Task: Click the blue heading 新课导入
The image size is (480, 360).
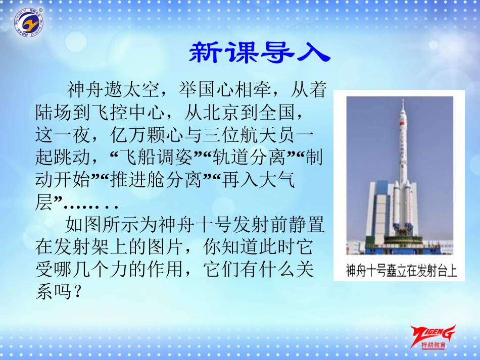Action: (x=260, y=53)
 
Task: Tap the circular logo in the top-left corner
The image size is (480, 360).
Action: (x=29, y=22)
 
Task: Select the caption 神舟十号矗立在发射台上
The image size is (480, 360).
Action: (x=401, y=271)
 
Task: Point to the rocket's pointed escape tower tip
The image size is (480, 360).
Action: (x=403, y=99)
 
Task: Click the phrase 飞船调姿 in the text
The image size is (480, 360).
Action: (x=156, y=157)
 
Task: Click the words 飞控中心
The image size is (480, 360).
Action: (x=128, y=112)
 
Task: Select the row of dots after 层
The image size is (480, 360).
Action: (x=90, y=207)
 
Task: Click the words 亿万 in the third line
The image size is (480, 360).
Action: (x=128, y=135)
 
